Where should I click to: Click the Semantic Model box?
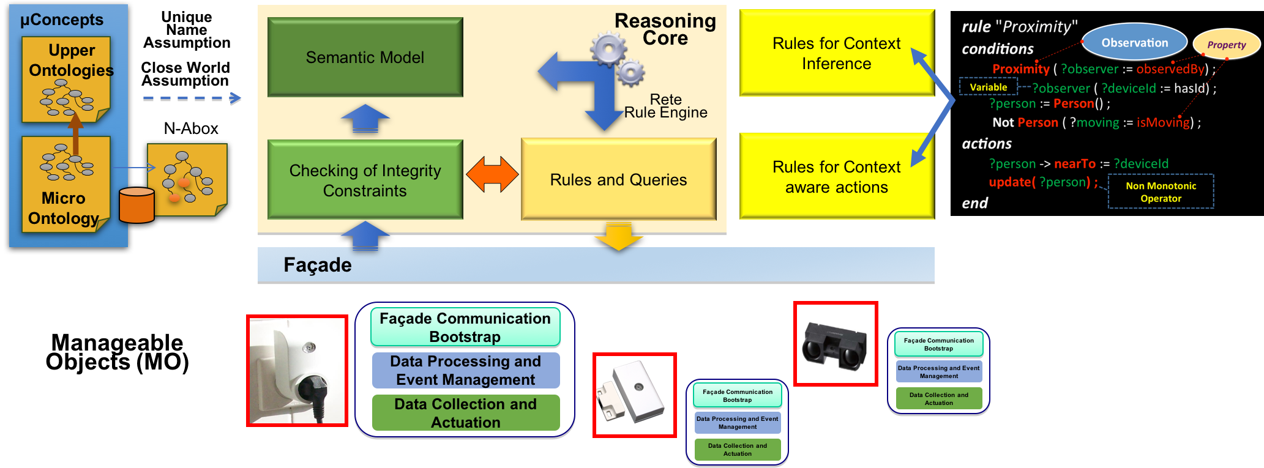[x=365, y=57]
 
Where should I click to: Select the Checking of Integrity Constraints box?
[x=365, y=180]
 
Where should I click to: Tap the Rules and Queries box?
[x=618, y=179]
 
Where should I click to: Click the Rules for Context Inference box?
[x=836, y=53]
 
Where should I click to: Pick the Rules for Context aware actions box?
[x=836, y=177]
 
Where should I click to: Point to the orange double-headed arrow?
[x=492, y=174]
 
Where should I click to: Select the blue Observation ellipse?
[x=1134, y=42]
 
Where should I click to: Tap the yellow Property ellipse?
[x=1226, y=45]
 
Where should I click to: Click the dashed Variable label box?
[x=988, y=87]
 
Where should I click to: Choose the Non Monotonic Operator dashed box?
[x=1161, y=192]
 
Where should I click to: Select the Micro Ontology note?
[x=65, y=184]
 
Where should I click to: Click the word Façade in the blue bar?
[x=317, y=265]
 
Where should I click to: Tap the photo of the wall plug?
[x=297, y=371]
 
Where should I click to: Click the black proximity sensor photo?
[x=836, y=344]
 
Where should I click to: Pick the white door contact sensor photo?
[x=634, y=395]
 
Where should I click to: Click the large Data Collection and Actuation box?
[x=465, y=413]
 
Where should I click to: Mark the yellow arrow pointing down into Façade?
[x=618, y=238]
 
